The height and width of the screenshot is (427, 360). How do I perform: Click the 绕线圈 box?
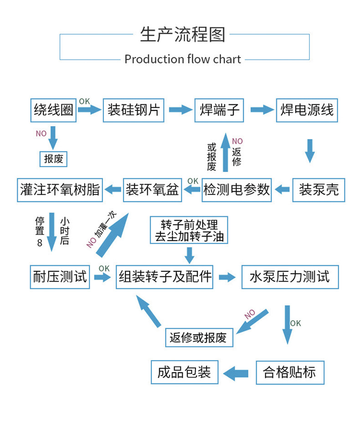[53, 110]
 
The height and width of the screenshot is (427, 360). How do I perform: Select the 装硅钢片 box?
[134, 110]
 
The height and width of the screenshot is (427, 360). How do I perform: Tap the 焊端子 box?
[219, 110]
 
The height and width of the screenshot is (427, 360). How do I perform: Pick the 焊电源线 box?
[307, 110]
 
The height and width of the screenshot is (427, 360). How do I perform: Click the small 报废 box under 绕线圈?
[53, 159]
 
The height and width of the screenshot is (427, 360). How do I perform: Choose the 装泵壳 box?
[319, 190]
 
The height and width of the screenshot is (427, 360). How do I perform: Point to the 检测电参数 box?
[237, 190]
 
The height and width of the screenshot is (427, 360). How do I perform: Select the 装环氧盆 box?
[152, 190]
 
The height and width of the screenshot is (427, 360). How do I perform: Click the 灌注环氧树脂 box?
[60, 190]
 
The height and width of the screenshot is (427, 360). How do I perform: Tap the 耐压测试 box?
[60, 277]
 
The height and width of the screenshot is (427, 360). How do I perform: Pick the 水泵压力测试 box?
[290, 277]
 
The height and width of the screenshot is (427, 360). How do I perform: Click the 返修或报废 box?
[199, 338]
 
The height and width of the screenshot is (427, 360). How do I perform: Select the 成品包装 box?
[185, 372]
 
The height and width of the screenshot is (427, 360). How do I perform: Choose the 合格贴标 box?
[290, 373]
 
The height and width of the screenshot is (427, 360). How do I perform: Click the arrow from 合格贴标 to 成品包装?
[236, 373]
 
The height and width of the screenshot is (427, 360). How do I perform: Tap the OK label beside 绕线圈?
[84, 101]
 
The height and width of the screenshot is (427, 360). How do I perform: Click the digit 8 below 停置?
[40, 243]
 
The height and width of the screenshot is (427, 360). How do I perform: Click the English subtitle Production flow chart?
[183, 59]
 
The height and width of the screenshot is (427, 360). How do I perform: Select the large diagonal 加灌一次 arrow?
[112, 235]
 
